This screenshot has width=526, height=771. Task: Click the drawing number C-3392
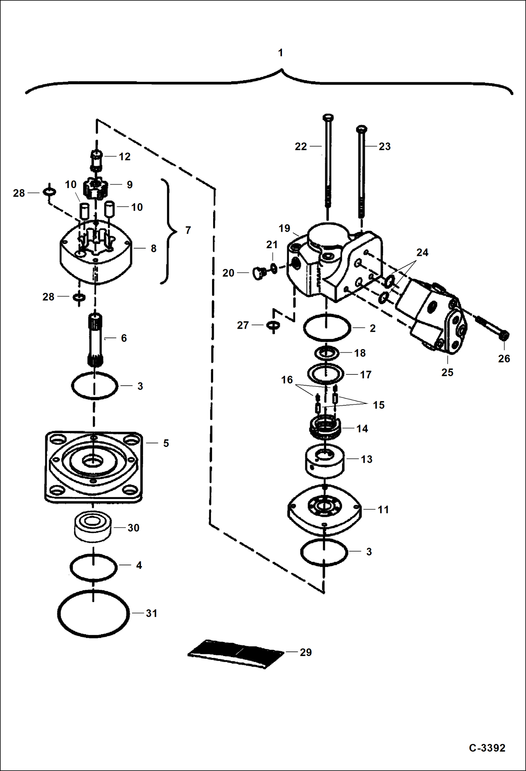coord(487,748)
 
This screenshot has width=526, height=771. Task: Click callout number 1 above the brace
coord(280,53)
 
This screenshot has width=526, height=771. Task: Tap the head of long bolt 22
coord(328,117)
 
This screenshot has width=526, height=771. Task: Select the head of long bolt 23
coord(361,129)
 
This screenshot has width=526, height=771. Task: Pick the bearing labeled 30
coord(93,527)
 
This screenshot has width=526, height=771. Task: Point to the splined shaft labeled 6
coord(95,339)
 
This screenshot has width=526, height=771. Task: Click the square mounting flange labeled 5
coord(93,467)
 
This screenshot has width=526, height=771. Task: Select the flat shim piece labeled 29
coord(236,654)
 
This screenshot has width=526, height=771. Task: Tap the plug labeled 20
coord(258,273)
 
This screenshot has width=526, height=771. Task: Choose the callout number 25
coord(447,372)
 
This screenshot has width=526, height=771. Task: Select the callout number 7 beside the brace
coord(188,230)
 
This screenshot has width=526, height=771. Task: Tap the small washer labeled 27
coord(273,325)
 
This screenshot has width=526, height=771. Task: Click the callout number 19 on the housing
coord(284,229)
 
